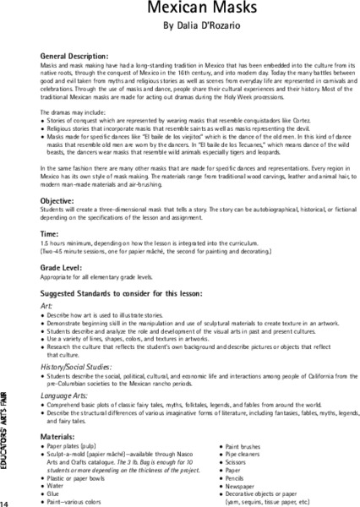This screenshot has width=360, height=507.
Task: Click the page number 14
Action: coord(6,502)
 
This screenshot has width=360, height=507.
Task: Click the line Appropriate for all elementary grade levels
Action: coord(100,278)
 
